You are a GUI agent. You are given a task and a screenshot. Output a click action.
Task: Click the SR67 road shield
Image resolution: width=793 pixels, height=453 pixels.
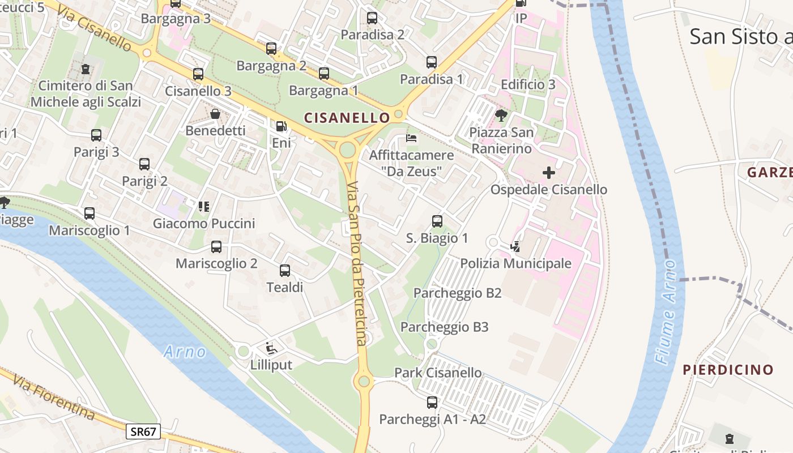pyautogui.click(x=143, y=432)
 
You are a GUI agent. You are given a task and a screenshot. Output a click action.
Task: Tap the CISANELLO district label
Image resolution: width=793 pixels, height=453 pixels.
pyautogui.click(x=347, y=118)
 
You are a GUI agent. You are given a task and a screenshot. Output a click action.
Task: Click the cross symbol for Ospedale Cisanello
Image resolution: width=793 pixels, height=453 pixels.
pyautogui.click(x=548, y=172)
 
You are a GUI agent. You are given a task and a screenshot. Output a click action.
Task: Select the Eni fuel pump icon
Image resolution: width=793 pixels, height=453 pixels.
pyautogui.click(x=281, y=126)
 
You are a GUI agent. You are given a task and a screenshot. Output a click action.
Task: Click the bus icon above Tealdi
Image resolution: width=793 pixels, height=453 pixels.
pyautogui.click(x=284, y=271)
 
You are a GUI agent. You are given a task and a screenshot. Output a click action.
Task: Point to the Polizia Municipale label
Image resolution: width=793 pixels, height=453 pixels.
pyautogui.click(x=515, y=263)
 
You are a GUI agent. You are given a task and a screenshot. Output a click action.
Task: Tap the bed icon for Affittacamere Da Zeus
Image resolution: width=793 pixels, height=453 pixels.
pyautogui.click(x=411, y=138)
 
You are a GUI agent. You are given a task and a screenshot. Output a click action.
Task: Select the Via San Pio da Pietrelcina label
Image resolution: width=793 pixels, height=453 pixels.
pyautogui.click(x=357, y=263)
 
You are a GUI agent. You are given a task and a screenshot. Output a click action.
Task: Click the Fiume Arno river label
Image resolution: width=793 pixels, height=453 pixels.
pyautogui.click(x=667, y=311)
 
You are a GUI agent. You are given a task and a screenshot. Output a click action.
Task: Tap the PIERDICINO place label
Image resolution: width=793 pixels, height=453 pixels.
pyautogui.click(x=727, y=370)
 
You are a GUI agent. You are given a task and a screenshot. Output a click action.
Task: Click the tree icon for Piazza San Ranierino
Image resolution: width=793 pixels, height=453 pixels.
pyautogui.click(x=501, y=116)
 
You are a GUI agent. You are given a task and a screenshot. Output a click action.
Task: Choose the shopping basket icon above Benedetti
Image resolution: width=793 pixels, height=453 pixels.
pyautogui.click(x=215, y=114)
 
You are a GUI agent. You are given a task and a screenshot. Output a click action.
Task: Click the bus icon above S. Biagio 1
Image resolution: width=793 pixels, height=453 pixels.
pyautogui.click(x=437, y=221)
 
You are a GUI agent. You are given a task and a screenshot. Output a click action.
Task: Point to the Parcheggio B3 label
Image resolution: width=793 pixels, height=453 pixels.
pyautogui.click(x=444, y=327)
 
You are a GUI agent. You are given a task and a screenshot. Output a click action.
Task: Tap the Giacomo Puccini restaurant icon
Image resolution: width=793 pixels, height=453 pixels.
pyautogui.click(x=204, y=207)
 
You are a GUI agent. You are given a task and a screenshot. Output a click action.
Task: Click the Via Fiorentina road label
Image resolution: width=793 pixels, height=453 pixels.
pyautogui.click(x=54, y=397)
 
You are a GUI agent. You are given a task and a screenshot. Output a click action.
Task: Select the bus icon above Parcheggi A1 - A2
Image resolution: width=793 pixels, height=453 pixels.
pyautogui.click(x=432, y=403)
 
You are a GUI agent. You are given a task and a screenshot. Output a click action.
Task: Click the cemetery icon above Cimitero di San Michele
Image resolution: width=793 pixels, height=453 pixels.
pyautogui.click(x=85, y=69)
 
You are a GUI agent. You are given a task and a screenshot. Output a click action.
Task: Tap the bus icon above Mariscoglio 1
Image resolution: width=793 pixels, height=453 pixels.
pyautogui.click(x=89, y=213)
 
